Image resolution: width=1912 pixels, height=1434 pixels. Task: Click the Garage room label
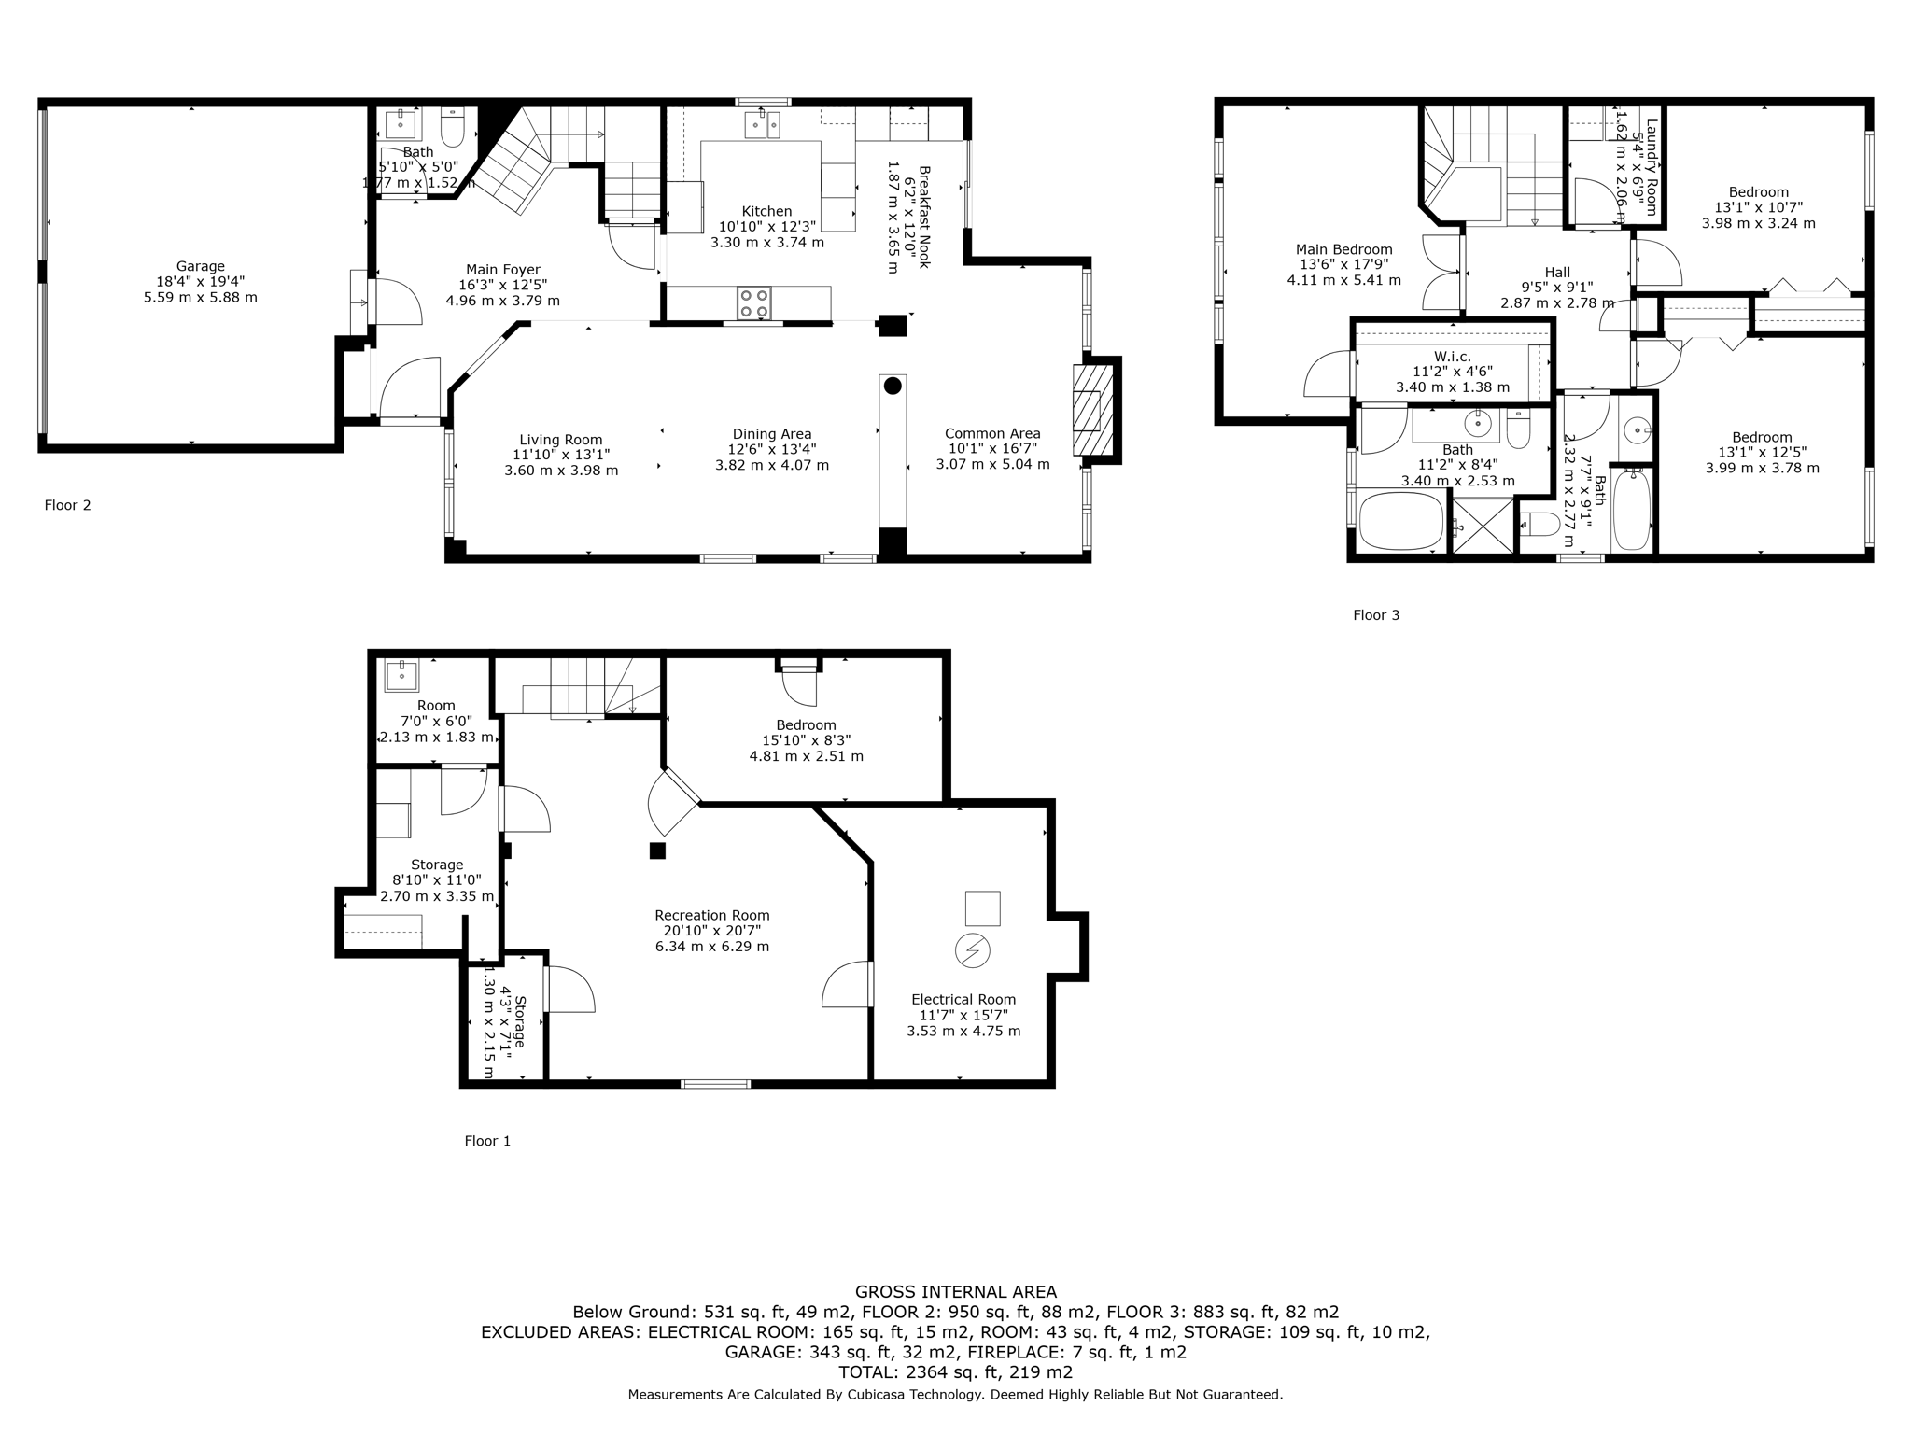(x=200, y=266)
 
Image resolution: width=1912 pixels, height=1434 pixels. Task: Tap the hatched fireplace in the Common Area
(x=1092, y=409)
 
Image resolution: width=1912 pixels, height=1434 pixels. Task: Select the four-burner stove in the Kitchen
(x=754, y=302)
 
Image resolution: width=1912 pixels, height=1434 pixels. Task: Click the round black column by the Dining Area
(x=893, y=385)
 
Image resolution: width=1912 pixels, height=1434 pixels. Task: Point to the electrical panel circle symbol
(x=972, y=950)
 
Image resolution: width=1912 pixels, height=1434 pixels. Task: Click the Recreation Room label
(x=711, y=915)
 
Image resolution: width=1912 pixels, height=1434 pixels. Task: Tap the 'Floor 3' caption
(x=1376, y=614)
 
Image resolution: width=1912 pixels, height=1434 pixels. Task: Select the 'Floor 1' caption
(x=487, y=1140)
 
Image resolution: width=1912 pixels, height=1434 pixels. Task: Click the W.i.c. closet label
(x=1453, y=356)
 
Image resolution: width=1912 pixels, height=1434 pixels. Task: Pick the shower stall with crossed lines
(x=1483, y=527)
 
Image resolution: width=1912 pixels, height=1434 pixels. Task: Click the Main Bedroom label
(x=1343, y=249)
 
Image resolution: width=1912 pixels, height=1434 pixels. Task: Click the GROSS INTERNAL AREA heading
(x=955, y=1292)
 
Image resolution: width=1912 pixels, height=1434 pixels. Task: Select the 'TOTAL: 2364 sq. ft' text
(x=955, y=1372)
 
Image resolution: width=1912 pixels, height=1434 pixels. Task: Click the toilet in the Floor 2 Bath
(x=453, y=129)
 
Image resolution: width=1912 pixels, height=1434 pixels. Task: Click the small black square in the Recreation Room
(x=657, y=851)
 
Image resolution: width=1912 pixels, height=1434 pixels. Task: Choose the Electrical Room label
(x=963, y=999)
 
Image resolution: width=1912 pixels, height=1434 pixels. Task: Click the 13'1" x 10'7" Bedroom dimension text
(x=1758, y=207)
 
